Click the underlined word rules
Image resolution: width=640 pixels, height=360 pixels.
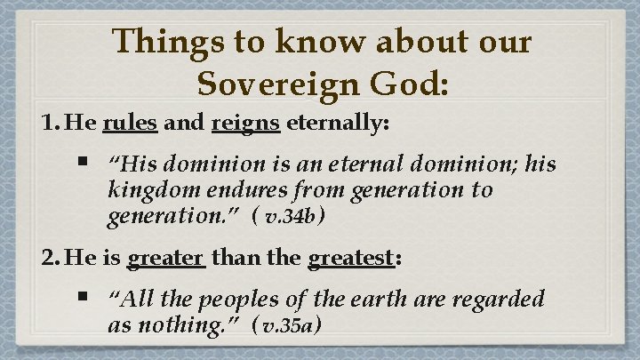tap(130, 124)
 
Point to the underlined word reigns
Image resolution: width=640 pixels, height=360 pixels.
tap(246, 124)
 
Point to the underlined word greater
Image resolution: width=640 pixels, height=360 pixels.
tap(167, 259)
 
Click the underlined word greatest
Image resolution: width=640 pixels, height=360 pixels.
tap(350, 259)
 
